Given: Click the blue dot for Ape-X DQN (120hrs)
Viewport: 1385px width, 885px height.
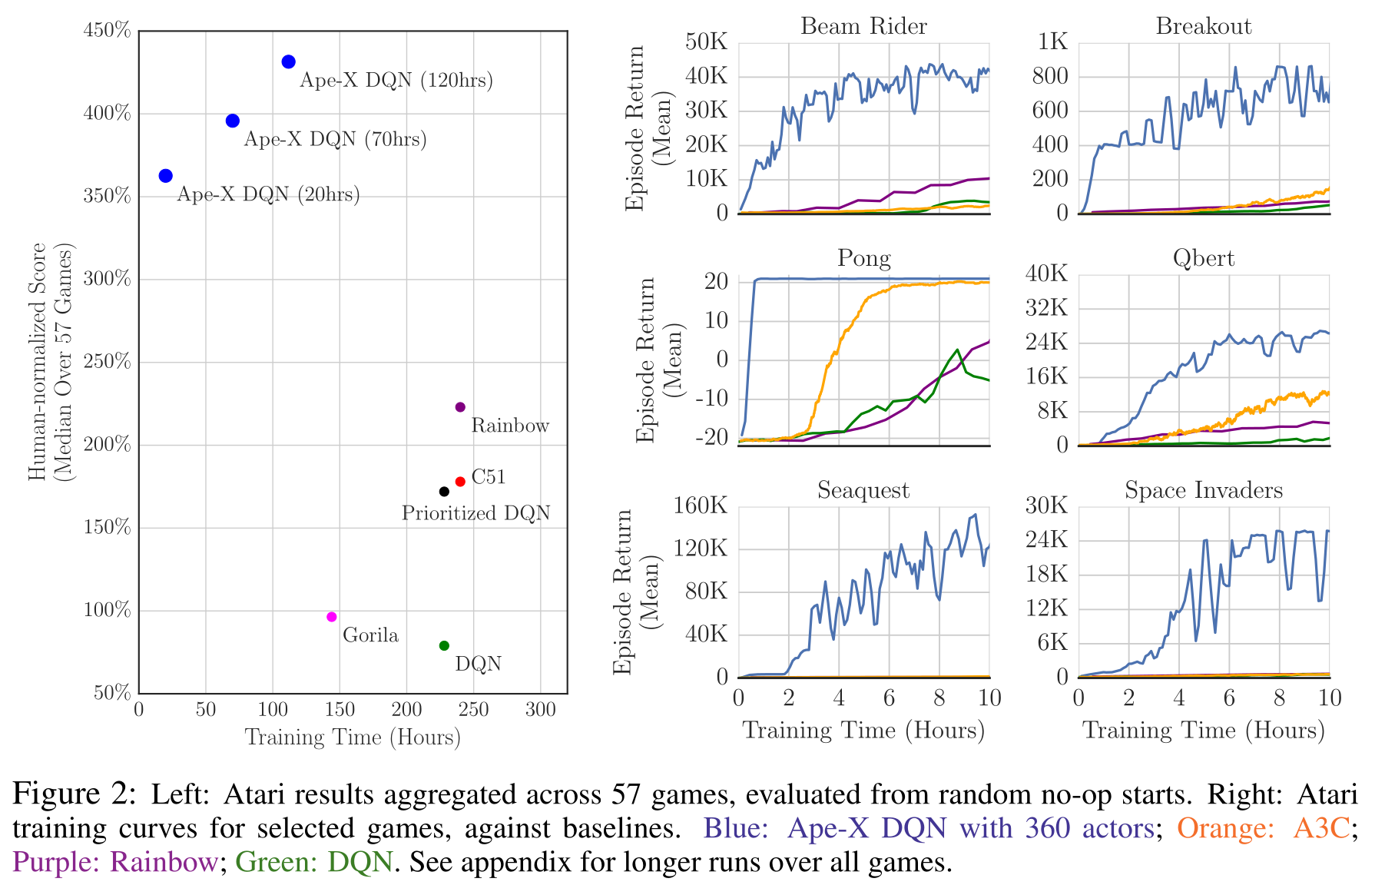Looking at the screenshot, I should pos(289,62).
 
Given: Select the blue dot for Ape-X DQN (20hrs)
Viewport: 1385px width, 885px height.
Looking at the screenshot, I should pos(166,176).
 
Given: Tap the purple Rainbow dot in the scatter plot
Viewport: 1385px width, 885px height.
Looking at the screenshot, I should pos(461,407).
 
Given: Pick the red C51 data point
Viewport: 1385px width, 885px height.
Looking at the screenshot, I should pos(461,482).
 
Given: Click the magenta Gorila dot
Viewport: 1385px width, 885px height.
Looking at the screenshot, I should pos(332,617).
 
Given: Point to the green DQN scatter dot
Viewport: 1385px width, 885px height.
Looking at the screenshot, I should pos(444,646).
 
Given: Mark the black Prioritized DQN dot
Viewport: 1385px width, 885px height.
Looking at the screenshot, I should pos(444,492).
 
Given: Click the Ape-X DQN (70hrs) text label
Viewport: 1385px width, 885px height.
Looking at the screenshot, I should pos(335,140).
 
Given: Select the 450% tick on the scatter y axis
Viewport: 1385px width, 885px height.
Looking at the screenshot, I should pos(108,31).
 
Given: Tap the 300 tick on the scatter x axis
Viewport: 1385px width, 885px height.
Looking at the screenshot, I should pos(541,709).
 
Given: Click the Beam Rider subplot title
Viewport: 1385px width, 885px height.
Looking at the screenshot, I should pos(863,27).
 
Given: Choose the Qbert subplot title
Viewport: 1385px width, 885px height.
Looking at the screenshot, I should pos(1203,259).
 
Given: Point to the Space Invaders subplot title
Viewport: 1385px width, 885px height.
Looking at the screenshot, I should pos(1203,491).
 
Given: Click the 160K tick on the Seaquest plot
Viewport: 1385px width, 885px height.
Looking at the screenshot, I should pos(701,506).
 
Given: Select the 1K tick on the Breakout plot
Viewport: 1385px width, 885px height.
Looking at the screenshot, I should pos(1053,42).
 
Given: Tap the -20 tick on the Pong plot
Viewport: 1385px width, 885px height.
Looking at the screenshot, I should pos(711,438).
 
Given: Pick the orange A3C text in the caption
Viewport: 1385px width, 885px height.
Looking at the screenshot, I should pos(1321,828).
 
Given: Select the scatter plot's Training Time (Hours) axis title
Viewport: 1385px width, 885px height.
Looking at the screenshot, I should pos(353,737).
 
